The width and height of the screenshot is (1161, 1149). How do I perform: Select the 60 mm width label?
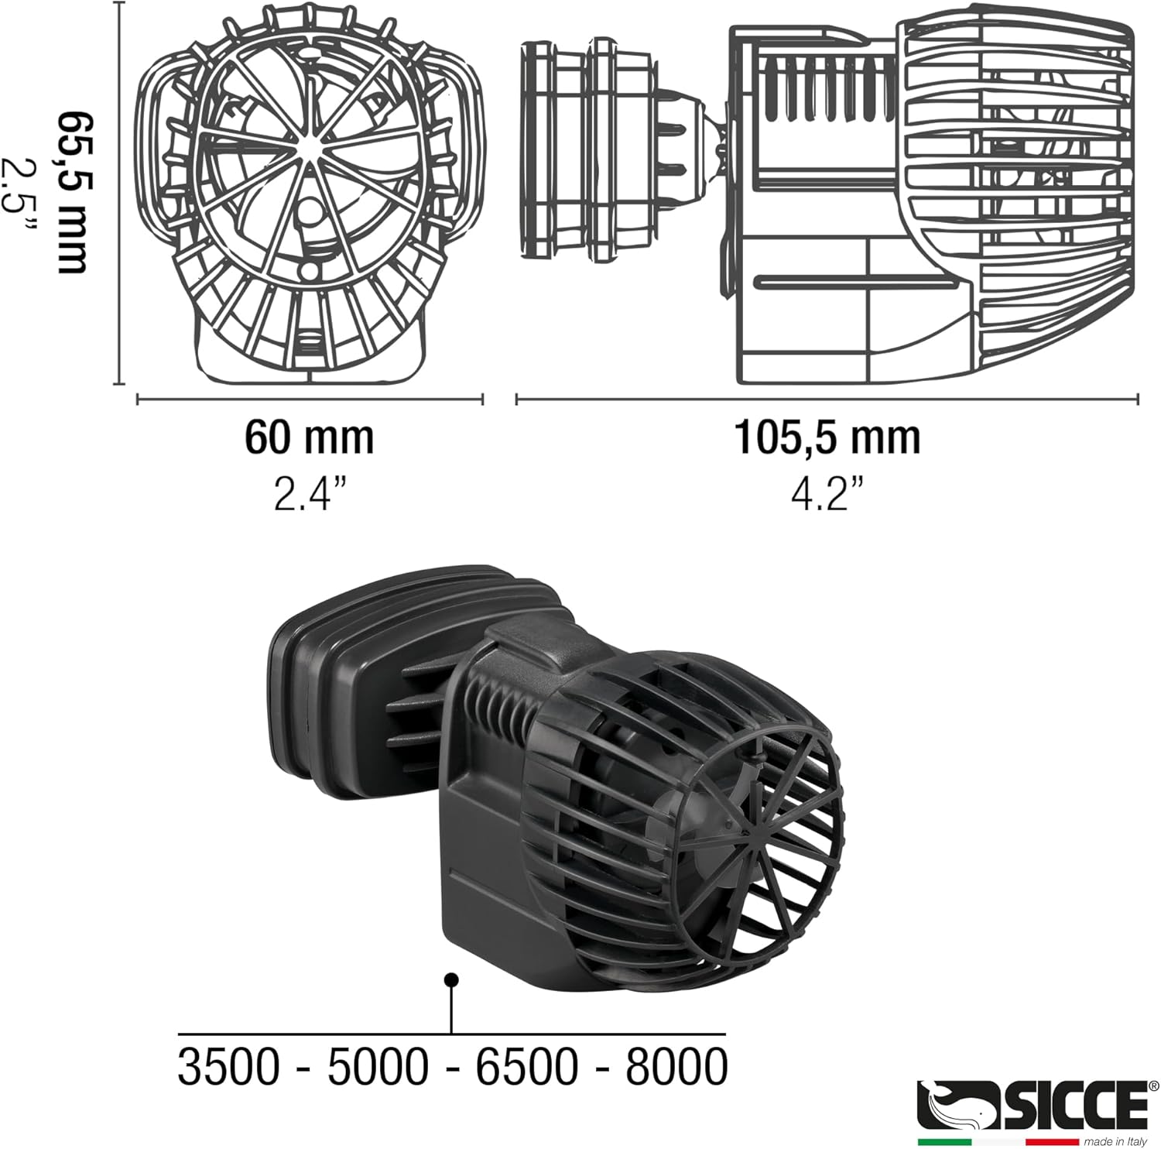[x=309, y=437]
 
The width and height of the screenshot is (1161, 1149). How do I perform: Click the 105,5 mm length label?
[x=827, y=437]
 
